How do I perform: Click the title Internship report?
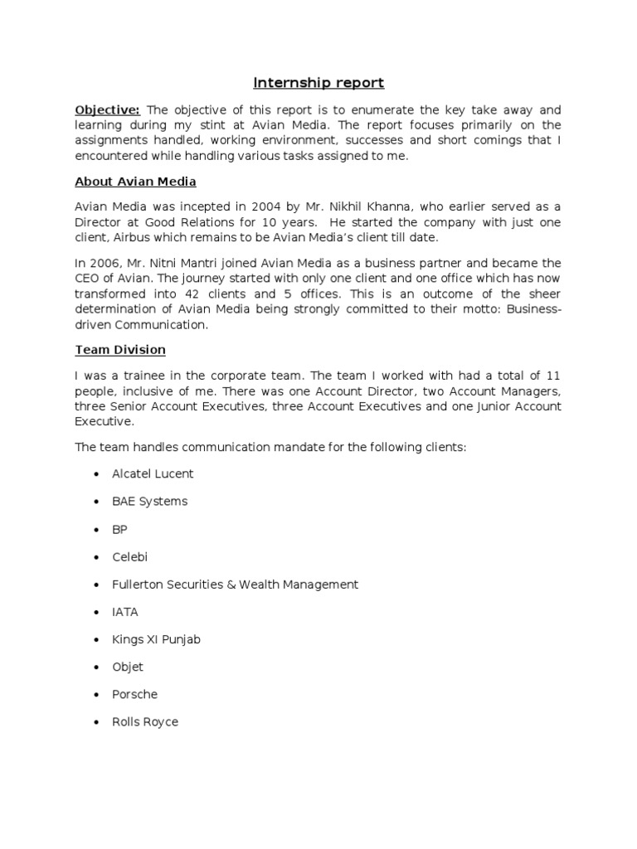(x=318, y=83)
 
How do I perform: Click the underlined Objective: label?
(x=108, y=109)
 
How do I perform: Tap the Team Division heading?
(x=120, y=350)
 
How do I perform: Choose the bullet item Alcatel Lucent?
(x=153, y=473)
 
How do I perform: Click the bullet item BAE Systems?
(x=149, y=501)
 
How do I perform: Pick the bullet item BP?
(x=119, y=529)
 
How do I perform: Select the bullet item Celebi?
(x=129, y=556)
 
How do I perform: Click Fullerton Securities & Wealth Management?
(x=235, y=585)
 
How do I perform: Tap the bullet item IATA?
(x=125, y=612)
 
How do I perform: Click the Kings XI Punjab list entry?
(x=156, y=639)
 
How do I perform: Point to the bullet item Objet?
(x=128, y=667)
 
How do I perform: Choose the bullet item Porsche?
(x=134, y=694)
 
